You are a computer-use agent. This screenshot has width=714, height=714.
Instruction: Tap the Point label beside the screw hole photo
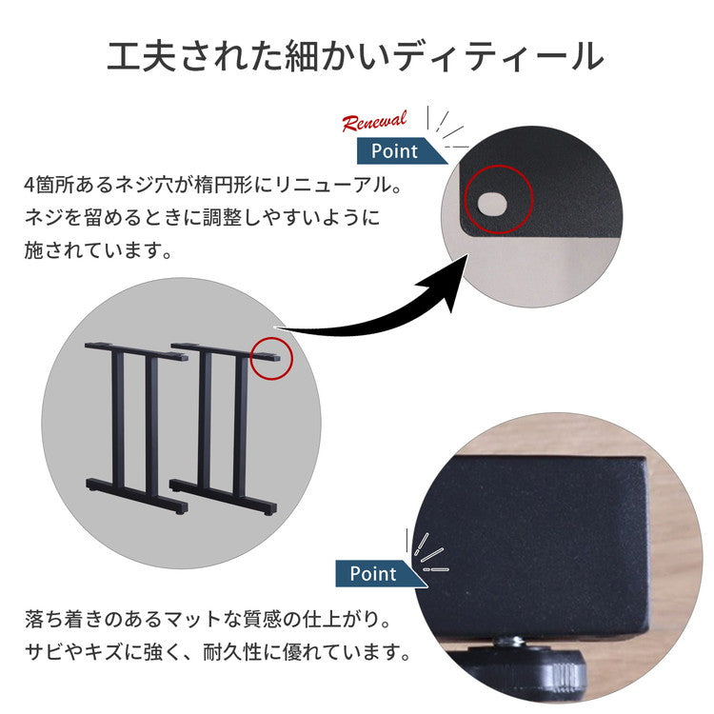[x=396, y=150]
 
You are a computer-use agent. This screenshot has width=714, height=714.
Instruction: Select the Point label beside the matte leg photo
[x=373, y=574]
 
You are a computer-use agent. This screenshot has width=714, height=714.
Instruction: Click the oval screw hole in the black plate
[x=493, y=202]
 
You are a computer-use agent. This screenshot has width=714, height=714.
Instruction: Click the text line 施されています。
[x=99, y=252]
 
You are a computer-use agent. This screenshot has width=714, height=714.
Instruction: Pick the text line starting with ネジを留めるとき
[x=202, y=217]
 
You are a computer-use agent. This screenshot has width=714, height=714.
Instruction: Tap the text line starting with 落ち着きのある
[x=207, y=620]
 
